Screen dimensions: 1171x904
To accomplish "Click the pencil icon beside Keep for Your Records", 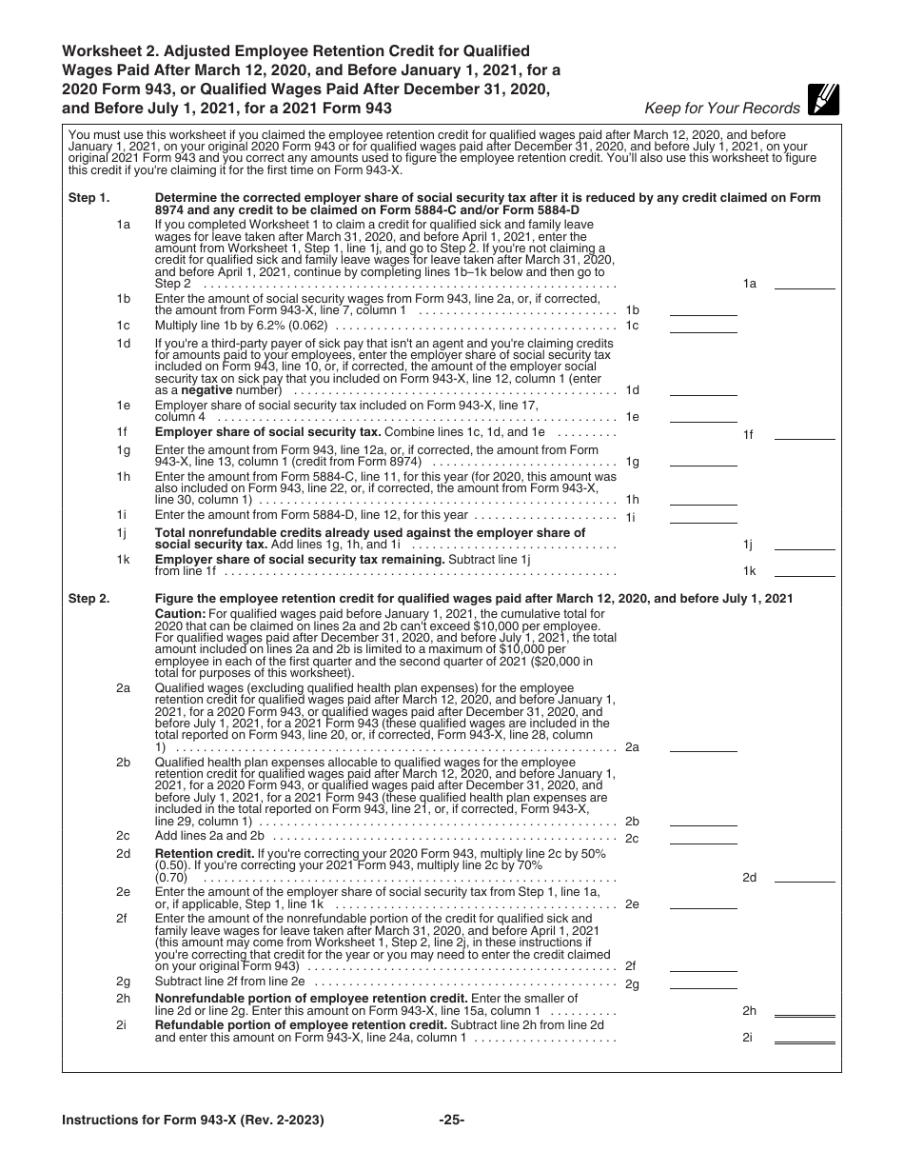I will (822, 99).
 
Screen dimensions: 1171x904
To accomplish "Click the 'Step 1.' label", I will (89, 198).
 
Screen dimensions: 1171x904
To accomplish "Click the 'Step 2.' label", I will (89, 599).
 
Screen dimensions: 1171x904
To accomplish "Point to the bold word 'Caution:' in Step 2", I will (180, 614).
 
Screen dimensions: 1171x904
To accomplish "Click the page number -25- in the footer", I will (451, 1121).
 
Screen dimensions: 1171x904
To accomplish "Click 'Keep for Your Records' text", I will (722, 108).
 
